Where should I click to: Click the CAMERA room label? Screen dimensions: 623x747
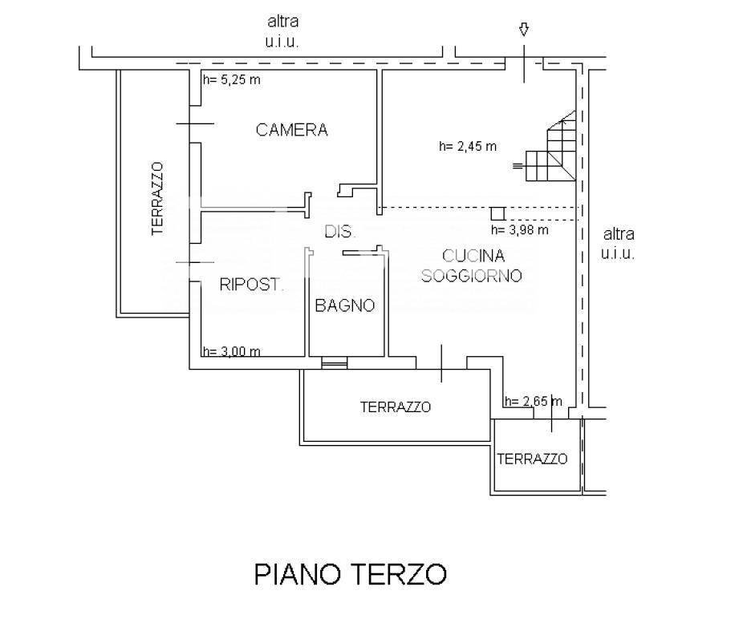click(x=291, y=130)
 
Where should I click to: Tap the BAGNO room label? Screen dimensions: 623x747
click(x=344, y=305)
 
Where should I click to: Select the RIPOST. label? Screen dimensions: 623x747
click(x=251, y=284)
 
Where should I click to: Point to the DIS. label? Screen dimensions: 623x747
click(x=339, y=233)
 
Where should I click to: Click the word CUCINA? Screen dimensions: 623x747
click(x=473, y=257)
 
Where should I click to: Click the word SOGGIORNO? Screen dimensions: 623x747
click(x=473, y=276)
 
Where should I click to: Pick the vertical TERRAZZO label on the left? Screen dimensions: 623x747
click(x=157, y=198)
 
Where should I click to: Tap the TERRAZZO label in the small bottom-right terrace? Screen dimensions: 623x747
click(x=532, y=459)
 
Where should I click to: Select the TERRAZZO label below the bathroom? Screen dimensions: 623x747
click(x=395, y=407)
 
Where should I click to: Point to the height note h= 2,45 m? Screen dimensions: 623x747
click(x=467, y=146)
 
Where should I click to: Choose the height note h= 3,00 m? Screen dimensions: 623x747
click(x=231, y=350)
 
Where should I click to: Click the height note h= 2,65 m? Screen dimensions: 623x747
click(x=533, y=402)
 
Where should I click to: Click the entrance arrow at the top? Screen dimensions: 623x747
click(x=523, y=30)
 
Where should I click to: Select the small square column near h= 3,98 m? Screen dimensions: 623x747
click(x=497, y=212)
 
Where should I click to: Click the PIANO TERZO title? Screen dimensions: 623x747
click(x=350, y=574)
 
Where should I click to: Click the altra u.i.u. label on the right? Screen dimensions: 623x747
click(x=618, y=244)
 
